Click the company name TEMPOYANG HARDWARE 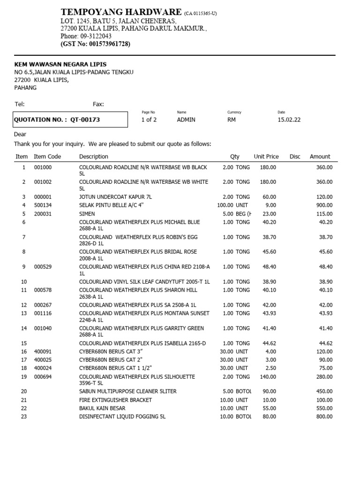pyautogui.click(x=121, y=12)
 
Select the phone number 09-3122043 pyautogui.click(x=96, y=36)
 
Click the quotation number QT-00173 pyautogui.click(x=85, y=120)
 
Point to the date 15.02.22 pyautogui.click(x=289, y=120)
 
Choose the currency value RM pyautogui.click(x=232, y=120)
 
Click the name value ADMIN pyautogui.click(x=186, y=120)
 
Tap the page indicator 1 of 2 pyautogui.click(x=149, y=120)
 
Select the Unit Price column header pyautogui.click(x=266, y=157)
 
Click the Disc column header pyautogui.click(x=295, y=157)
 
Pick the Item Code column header pyautogui.click(x=47, y=157)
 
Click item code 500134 pyautogui.click(x=43, y=205)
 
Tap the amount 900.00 pyautogui.click(x=325, y=205)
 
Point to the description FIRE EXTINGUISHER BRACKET pyautogui.click(x=115, y=400)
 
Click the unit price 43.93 pyautogui.click(x=269, y=313)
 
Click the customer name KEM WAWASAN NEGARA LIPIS pyautogui.click(x=60, y=64)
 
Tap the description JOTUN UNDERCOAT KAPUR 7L pyautogui.click(x=112, y=197)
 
